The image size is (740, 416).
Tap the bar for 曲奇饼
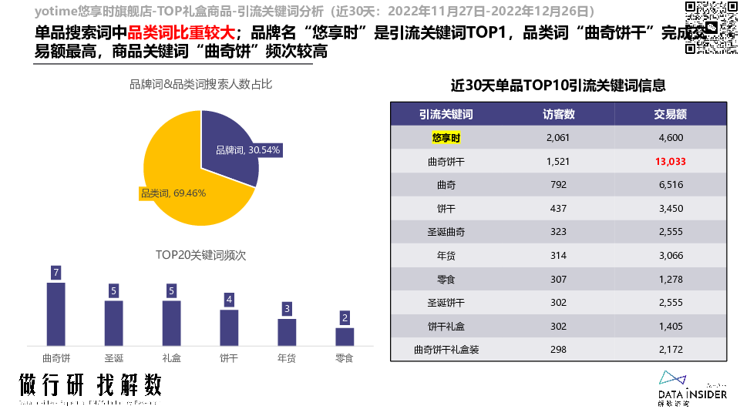click(56, 314)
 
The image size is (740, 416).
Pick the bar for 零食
click(345, 336)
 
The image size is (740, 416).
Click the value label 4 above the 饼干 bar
click(229, 300)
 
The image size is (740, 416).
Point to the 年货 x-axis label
click(287, 357)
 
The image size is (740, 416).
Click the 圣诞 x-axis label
click(114, 357)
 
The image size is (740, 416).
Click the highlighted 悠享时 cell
click(446, 138)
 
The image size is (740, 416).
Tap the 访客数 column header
click(559, 115)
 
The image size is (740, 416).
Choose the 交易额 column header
click(670, 115)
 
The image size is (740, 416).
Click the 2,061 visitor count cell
click(557, 138)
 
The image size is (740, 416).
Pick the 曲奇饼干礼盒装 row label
click(446, 349)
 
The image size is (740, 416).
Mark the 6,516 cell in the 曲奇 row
click(670, 185)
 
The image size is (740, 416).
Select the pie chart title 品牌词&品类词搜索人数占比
click(200, 84)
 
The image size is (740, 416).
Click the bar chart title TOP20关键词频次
click(200, 255)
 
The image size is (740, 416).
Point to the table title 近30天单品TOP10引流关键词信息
click(558, 85)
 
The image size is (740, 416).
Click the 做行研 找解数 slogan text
click(91, 385)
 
